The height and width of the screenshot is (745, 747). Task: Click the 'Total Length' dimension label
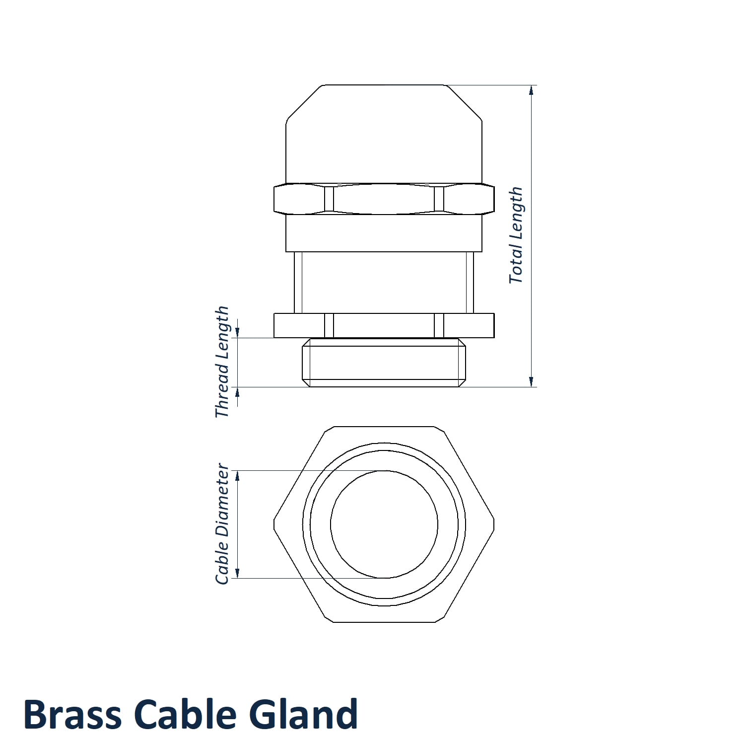tap(516, 235)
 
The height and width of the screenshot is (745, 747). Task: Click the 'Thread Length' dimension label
tap(222, 362)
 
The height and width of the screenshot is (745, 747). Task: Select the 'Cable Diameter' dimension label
tap(222, 524)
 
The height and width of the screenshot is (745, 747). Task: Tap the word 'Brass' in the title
tap(72, 714)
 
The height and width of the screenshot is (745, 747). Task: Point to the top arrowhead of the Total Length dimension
tap(532, 90)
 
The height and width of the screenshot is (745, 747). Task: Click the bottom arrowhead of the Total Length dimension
tap(532, 382)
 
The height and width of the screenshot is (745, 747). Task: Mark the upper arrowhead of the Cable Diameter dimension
tap(237, 476)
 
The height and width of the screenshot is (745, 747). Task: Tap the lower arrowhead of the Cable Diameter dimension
tap(237, 573)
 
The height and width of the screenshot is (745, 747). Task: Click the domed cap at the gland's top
tap(384, 134)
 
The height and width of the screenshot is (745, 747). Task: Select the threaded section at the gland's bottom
tap(384, 363)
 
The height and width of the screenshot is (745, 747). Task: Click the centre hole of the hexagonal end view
tap(384, 524)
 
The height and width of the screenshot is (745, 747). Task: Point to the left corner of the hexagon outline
tap(274, 524)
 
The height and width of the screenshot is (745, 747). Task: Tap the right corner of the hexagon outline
tap(494, 524)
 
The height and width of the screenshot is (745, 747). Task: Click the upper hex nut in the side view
tap(384, 199)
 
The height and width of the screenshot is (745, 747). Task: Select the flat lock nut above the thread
tap(384, 326)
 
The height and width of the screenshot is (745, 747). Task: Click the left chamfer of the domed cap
tap(304, 102)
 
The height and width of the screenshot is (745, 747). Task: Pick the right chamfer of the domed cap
tap(464, 102)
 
